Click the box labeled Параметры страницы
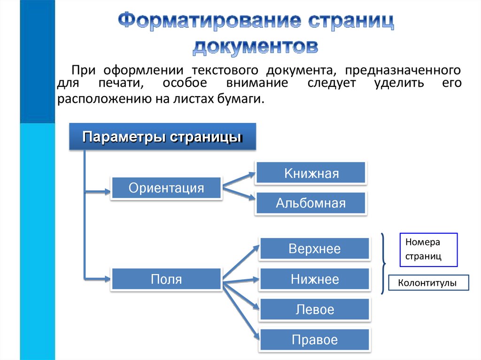163,137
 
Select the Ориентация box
166,188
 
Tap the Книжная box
311,173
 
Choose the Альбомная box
311,203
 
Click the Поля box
166,280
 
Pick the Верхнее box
315,249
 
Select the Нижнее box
315,280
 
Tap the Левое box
315,310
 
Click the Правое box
315,340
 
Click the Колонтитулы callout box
427,283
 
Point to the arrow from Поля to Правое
240,310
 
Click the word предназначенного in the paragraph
403,70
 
